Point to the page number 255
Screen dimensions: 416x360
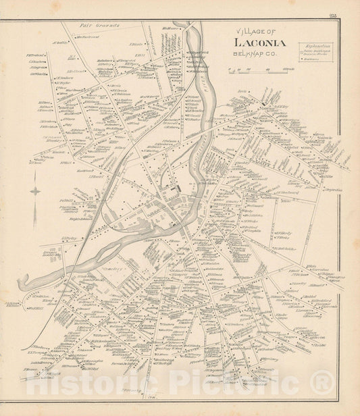tap(349, 24)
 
